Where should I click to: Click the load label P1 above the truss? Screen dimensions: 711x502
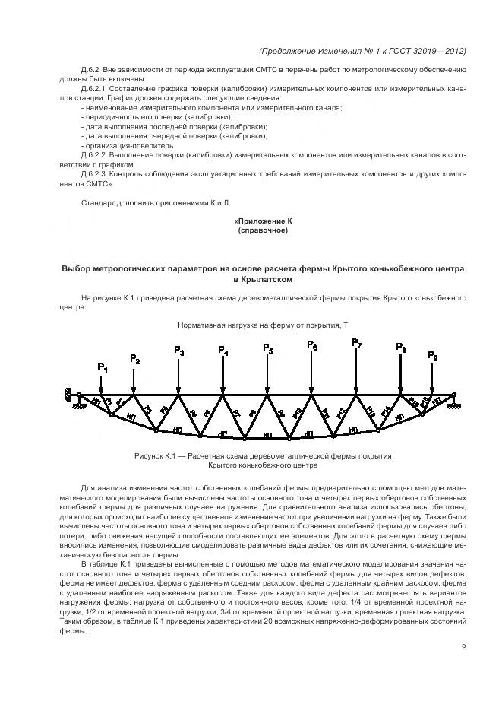pos(103,368)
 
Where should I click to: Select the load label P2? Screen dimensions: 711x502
pos(134,359)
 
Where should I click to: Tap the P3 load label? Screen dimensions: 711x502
pos(178,351)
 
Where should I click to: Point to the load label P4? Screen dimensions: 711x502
pos(223,351)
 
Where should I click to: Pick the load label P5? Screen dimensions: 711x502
pos(267,348)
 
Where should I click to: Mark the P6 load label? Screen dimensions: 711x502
pos(312,345)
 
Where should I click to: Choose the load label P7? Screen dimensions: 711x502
pos(356,344)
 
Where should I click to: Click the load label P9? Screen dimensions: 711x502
pos(432,355)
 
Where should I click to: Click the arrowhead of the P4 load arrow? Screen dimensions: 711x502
pos(223,391)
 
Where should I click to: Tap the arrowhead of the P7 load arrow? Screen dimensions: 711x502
pos(356,391)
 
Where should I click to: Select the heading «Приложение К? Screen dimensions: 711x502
pos(262,221)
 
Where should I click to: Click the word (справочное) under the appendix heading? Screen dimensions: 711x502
pos(262,230)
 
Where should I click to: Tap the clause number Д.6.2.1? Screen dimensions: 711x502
pos(95,89)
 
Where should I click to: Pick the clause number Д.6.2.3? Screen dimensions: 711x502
pos(95,174)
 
